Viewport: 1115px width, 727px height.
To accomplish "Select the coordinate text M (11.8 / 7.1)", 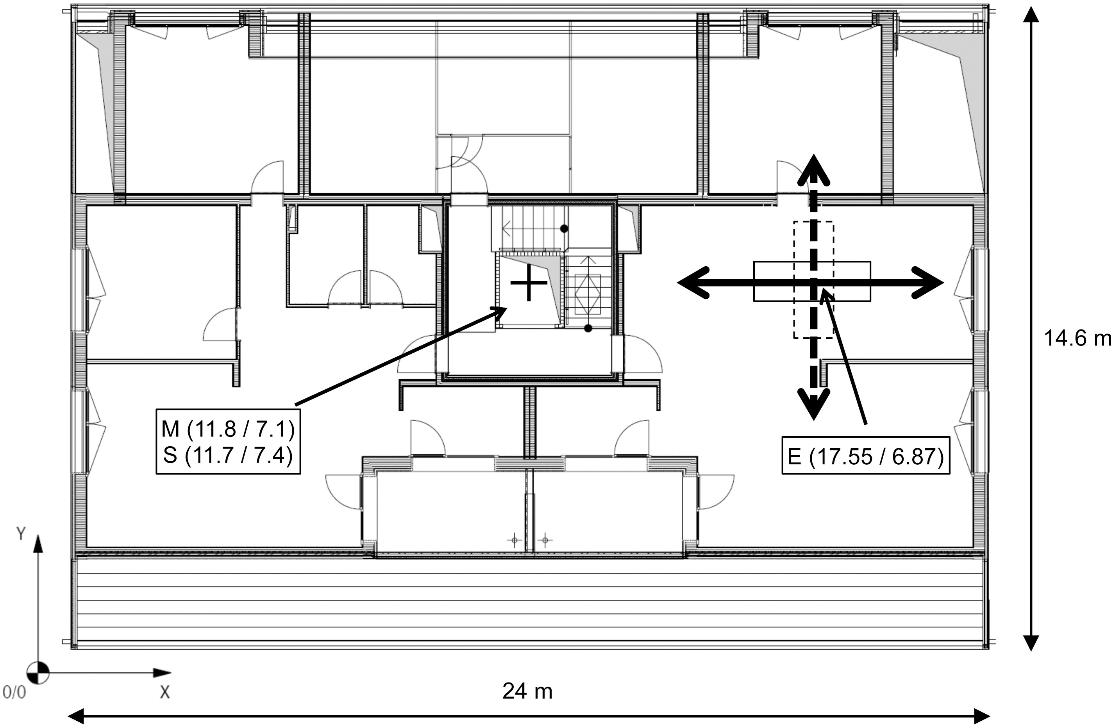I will (x=228, y=429).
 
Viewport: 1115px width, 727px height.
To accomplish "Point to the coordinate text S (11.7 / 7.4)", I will (x=228, y=455).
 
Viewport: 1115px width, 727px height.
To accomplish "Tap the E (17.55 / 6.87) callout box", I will (x=866, y=456).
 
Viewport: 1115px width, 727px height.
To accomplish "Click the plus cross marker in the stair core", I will (x=529, y=283).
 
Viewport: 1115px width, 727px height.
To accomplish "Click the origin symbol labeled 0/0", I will (x=38, y=673).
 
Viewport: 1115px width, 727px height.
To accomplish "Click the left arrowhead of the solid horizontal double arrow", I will (x=689, y=282).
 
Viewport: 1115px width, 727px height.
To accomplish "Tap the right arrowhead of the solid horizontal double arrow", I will (x=932, y=282).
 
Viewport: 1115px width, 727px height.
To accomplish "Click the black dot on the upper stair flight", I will (x=565, y=229).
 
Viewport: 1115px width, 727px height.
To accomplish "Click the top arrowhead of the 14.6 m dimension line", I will (x=1031, y=14).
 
